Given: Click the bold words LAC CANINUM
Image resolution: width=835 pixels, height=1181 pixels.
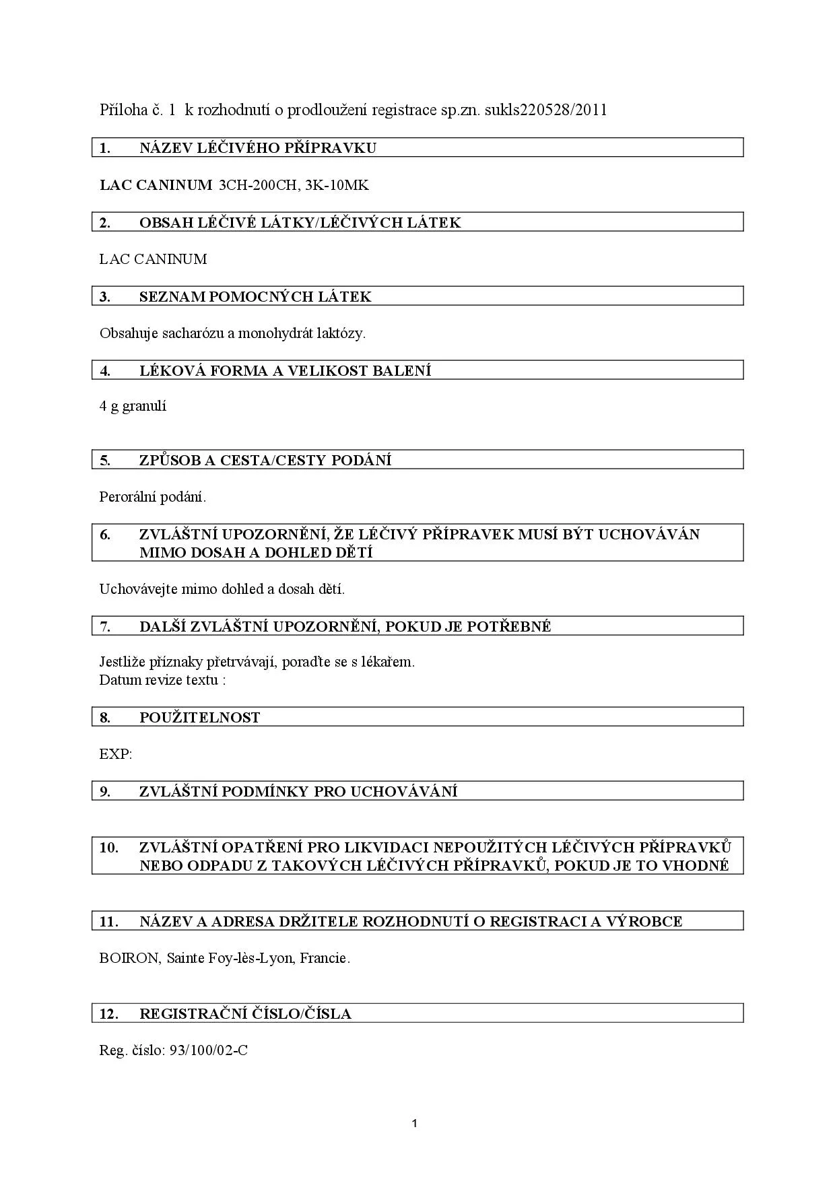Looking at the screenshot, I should click(156, 185).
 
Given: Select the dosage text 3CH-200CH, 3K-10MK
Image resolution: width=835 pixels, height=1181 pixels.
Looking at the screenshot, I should click(294, 185).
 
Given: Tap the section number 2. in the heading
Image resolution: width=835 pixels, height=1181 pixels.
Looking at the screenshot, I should click(105, 223).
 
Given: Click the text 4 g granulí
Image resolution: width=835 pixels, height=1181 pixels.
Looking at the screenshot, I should click(133, 406).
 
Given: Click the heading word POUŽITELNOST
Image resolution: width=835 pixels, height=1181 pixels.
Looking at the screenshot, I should click(199, 718).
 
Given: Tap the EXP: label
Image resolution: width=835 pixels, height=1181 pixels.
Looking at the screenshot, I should click(115, 754).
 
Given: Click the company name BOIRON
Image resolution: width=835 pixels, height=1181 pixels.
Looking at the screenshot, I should click(129, 958).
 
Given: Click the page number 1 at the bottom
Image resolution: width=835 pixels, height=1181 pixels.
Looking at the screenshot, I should click(414, 1123).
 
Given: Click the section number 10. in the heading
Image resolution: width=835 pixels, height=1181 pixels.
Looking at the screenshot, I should click(108, 847).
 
